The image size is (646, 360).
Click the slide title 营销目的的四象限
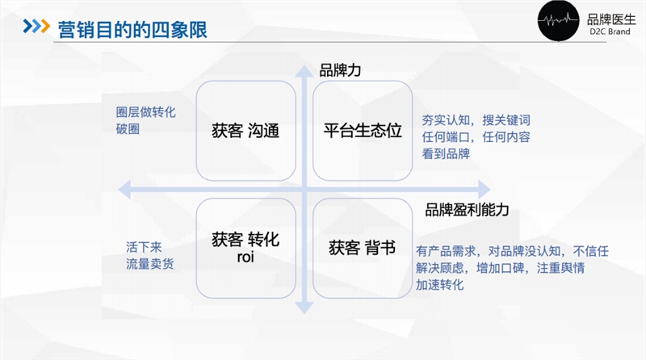click(132, 30)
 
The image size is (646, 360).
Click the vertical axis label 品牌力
click(340, 70)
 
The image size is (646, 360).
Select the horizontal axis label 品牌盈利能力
click(467, 210)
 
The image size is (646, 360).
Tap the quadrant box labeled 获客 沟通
click(245, 131)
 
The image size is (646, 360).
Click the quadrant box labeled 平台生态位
click(362, 131)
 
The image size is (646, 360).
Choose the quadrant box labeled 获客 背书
click(362, 246)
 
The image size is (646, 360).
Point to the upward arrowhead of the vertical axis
click(304, 72)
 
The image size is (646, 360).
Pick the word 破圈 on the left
click(128, 128)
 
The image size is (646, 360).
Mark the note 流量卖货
click(149, 263)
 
